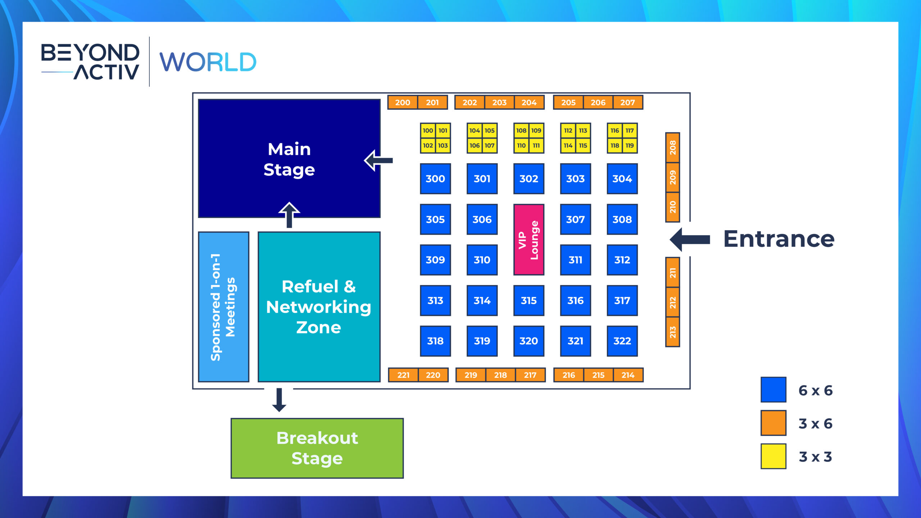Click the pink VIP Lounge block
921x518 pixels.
click(x=528, y=240)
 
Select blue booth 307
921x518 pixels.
click(x=575, y=219)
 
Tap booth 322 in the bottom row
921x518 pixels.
click(x=622, y=341)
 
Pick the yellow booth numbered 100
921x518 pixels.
click(x=428, y=131)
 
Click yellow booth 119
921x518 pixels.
click(x=630, y=146)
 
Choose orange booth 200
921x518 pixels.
click(x=403, y=103)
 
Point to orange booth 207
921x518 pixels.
click(x=628, y=103)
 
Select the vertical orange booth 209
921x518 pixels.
click(x=672, y=177)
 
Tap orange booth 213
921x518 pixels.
click(x=672, y=332)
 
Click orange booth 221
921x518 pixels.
click(x=403, y=375)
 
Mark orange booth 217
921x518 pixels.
click(x=530, y=375)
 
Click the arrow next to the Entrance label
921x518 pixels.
click(x=690, y=240)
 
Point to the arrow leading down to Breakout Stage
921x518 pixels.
click(x=279, y=400)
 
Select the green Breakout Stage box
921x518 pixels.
click(x=317, y=448)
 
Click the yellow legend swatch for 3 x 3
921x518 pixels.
click(x=773, y=456)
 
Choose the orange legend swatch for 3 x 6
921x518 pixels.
click(x=773, y=423)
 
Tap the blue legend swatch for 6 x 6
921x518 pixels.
click(x=773, y=390)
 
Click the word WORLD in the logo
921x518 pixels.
click(x=208, y=62)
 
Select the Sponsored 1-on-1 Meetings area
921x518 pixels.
click(x=223, y=307)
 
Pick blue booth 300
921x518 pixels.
click(x=435, y=179)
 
